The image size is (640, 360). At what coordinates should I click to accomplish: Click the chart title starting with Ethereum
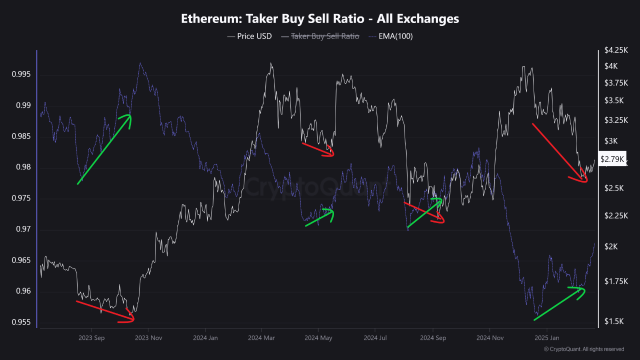pyautogui.click(x=319, y=19)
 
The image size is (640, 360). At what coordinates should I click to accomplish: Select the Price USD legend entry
pyautogui.click(x=249, y=36)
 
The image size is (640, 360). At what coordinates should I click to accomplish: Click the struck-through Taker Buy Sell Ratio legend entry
pyautogui.click(x=320, y=36)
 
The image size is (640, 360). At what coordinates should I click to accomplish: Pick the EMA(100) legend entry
pyautogui.click(x=390, y=36)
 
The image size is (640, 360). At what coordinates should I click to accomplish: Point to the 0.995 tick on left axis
pyautogui.click(x=21, y=74)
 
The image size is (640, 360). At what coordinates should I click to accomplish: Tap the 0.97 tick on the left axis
pyautogui.click(x=22, y=229)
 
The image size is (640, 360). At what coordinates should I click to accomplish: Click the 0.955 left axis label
pyautogui.click(x=21, y=322)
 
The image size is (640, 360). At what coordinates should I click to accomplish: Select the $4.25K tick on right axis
pyautogui.click(x=614, y=50)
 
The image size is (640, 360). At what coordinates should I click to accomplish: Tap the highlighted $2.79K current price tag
pyautogui.click(x=612, y=159)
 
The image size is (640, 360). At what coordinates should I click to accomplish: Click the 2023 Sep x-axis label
pyautogui.click(x=91, y=337)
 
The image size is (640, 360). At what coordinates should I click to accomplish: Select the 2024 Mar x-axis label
pyautogui.click(x=262, y=337)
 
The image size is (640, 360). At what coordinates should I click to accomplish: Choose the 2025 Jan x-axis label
pyautogui.click(x=547, y=337)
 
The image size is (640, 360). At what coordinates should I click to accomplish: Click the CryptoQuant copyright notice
pyautogui.click(x=583, y=349)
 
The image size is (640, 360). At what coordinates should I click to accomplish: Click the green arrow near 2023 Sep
pyautogui.click(x=104, y=149)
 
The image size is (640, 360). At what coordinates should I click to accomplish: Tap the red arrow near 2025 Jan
pyautogui.click(x=559, y=152)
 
